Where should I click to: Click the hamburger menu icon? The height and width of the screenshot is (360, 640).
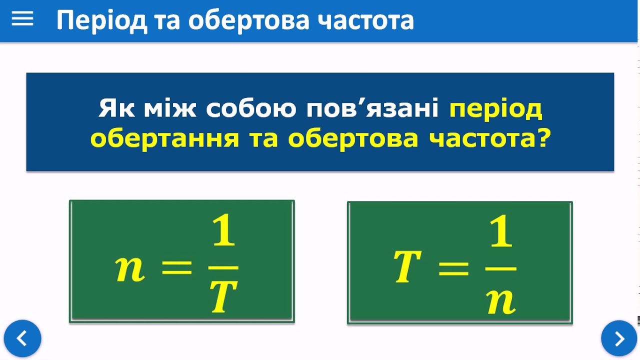pos(22,19)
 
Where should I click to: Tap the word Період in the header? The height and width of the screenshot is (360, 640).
pos(101,21)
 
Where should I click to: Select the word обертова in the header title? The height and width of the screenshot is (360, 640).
pos(249,20)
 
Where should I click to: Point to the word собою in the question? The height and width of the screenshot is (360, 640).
pos(251,108)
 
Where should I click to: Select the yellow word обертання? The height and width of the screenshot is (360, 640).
pos(164,138)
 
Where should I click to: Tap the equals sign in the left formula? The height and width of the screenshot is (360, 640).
pos(176,267)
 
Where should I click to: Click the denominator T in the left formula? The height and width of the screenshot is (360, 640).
pos(223,296)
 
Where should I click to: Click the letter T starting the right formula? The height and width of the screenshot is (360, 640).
pos(407,266)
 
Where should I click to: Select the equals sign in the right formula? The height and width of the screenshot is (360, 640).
pos(453,269)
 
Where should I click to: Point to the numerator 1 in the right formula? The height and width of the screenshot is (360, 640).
pos(501,231)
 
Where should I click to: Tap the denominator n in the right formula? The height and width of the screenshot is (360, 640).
pos(501,302)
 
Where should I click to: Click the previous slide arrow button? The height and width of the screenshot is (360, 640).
pos(22,338)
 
